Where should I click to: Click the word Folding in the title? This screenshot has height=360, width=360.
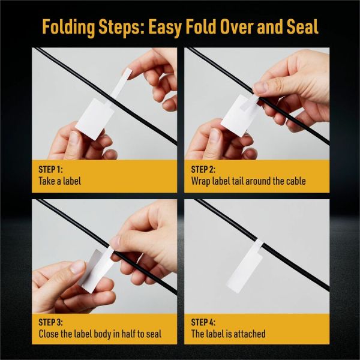pyautogui.click(x=68, y=27)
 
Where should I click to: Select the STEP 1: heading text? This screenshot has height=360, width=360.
pyautogui.click(x=50, y=169)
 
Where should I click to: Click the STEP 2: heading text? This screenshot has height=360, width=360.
pyautogui.click(x=203, y=169)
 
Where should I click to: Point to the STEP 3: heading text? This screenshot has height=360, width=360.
pyautogui.click(x=50, y=322)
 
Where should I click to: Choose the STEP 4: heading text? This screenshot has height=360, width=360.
pyautogui.click(x=203, y=322)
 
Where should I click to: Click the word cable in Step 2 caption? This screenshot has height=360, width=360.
pyautogui.click(x=296, y=181)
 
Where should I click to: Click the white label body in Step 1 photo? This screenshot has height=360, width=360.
pyautogui.click(x=95, y=119)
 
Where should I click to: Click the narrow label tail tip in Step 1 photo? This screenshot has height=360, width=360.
pyautogui.click(x=127, y=73)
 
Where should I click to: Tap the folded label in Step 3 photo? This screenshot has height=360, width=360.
pyautogui.click(x=97, y=271)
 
